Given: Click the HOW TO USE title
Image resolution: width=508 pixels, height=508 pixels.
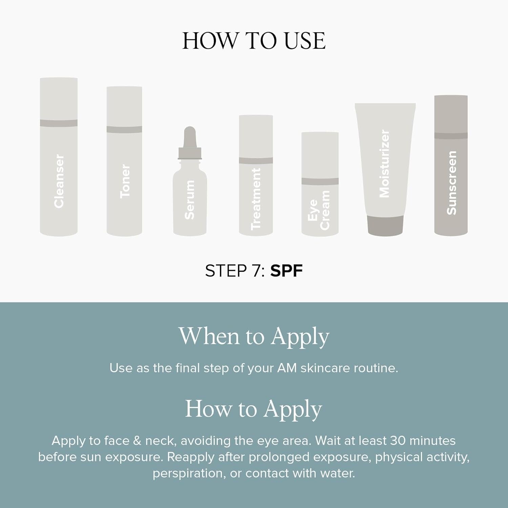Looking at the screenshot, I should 254,41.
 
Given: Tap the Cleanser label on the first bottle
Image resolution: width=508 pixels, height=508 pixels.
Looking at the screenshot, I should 59,181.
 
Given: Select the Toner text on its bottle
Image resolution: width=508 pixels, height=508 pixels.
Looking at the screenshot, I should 125,181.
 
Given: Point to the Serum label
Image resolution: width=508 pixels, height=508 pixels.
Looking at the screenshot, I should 190,200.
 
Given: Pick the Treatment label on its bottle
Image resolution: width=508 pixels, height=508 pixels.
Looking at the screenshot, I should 256,199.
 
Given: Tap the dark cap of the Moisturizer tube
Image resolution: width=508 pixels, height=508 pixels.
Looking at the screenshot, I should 385,225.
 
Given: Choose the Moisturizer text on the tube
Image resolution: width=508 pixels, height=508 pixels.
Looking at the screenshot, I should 385,164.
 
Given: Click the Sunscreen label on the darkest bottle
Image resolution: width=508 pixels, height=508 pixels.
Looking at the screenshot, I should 451,183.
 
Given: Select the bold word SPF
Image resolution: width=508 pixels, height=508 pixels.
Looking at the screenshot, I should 286,271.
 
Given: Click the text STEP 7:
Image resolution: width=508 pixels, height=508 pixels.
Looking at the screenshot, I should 235,271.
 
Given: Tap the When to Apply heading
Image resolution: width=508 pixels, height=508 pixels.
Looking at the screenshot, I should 254,337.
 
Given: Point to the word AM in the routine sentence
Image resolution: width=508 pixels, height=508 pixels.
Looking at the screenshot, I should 287,368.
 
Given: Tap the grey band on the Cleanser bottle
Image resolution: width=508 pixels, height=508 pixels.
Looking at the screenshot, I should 59,123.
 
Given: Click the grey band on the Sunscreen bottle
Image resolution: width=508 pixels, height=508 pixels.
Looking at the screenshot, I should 451,136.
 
